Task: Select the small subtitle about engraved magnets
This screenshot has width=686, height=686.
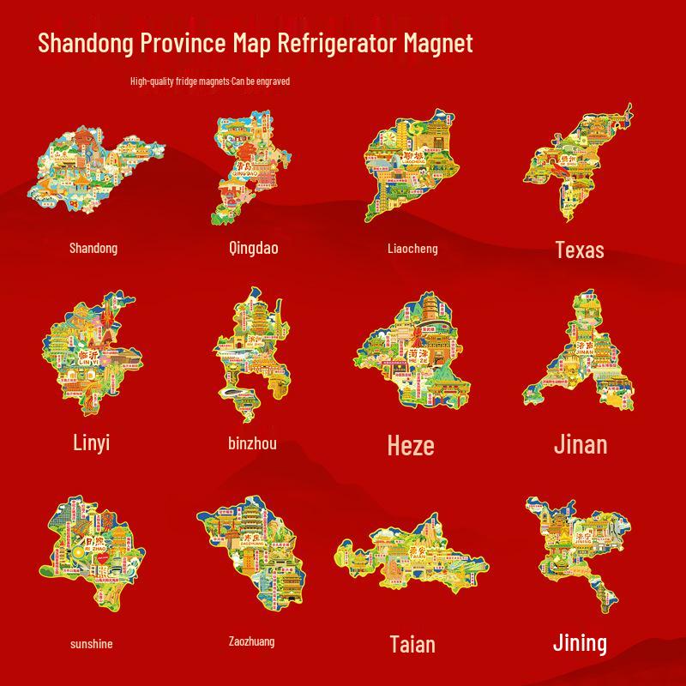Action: (x=210, y=81)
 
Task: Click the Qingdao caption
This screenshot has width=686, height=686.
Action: (x=253, y=249)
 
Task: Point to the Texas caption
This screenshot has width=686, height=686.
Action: (x=580, y=250)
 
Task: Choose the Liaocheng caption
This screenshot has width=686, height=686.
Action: (x=412, y=249)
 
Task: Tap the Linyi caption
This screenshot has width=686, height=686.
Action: (x=92, y=442)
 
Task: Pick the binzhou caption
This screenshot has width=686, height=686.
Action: (x=253, y=443)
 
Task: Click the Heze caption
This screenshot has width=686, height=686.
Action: (x=411, y=446)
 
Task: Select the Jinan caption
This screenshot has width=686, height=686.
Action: (x=580, y=444)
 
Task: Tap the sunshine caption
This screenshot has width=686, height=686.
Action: (x=91, y=644)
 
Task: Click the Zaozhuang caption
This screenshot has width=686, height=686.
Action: (x=252, y=641)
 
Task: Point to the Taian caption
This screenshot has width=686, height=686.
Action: (x=412, y=644)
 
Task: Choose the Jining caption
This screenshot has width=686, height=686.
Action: (x=580, y=642)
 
